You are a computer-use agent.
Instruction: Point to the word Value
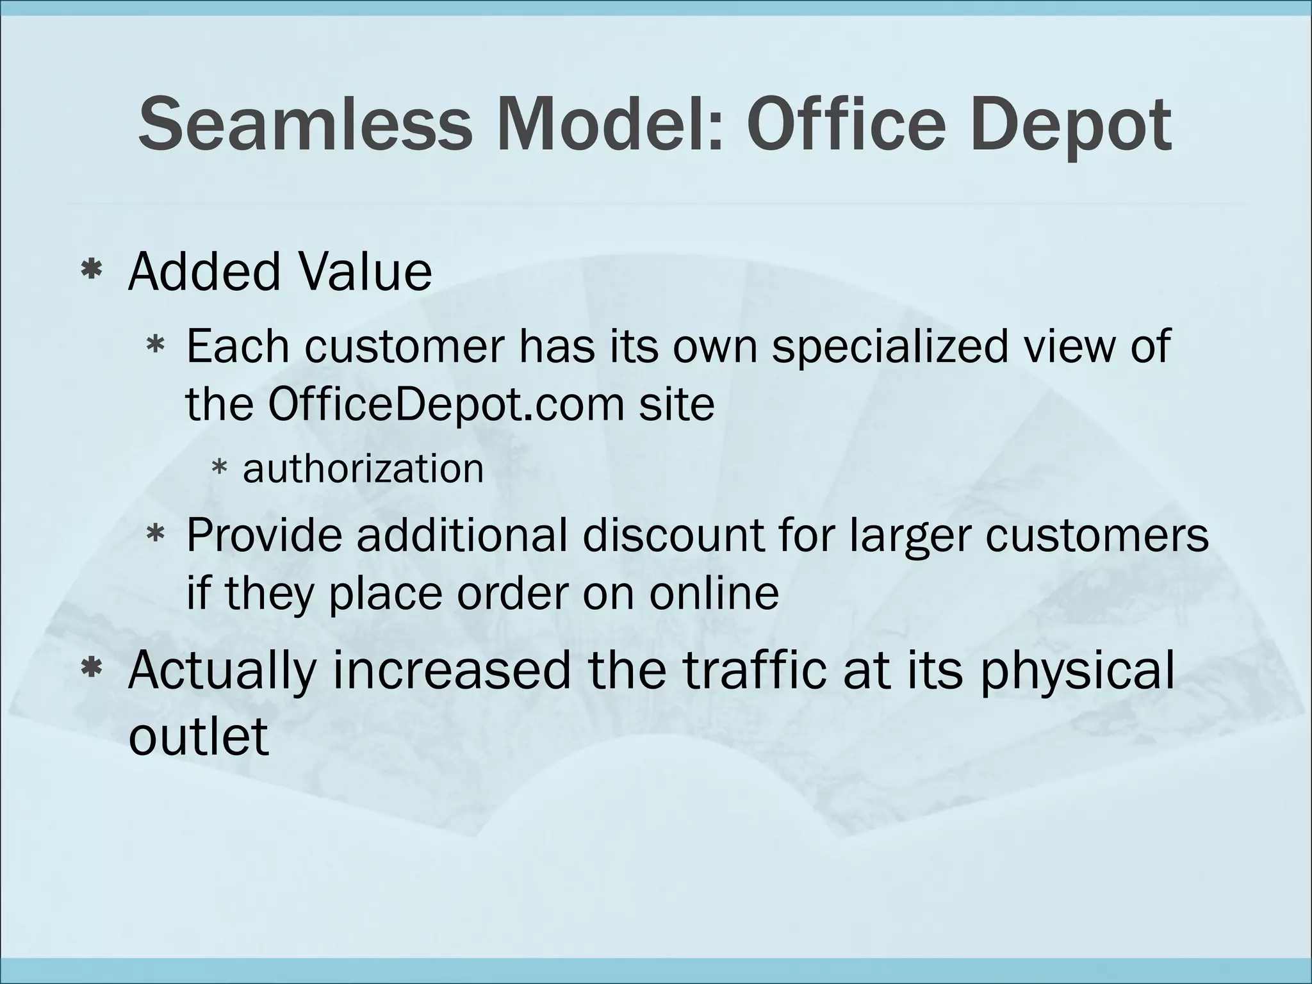pyautogui.click(x=365, y=272)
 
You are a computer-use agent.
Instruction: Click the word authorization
pyautogui.click(x=363, y=468)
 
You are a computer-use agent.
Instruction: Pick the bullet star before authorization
pyautogui.click(x=219, y=470)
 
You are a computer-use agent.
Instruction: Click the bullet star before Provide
pyautogui.click(x=156, y=534)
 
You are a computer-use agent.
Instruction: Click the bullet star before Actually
pyautogui.click(x=92, y=669)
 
